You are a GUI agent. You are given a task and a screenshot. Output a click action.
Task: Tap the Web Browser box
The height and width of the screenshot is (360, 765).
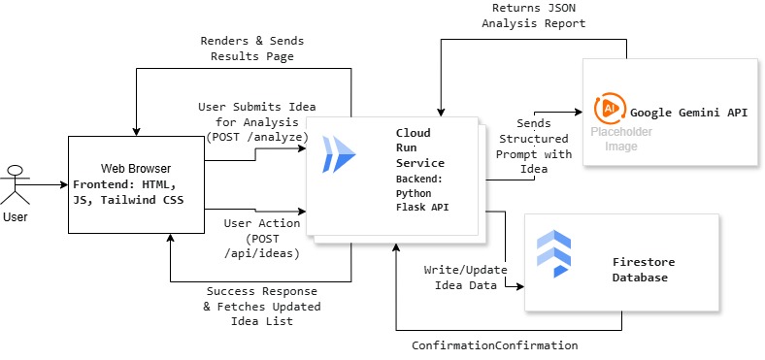pos(137,184)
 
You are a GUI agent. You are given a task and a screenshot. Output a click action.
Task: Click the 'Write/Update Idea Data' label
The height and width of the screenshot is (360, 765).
pos(460,277)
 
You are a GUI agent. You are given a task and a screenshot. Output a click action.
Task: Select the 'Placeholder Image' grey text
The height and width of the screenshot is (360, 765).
pos(621,139)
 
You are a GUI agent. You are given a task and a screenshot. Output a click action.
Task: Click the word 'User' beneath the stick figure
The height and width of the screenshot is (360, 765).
pos(15,218)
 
